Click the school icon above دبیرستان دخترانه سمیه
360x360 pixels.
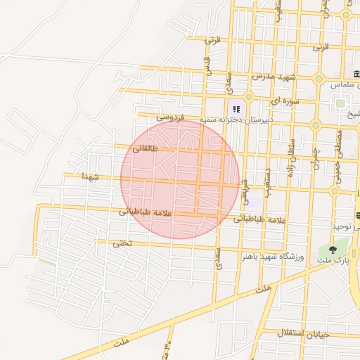(x=236, y=108)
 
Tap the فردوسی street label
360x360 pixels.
(x=169, y=116)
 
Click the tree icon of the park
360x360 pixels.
(x=333, y=250)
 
